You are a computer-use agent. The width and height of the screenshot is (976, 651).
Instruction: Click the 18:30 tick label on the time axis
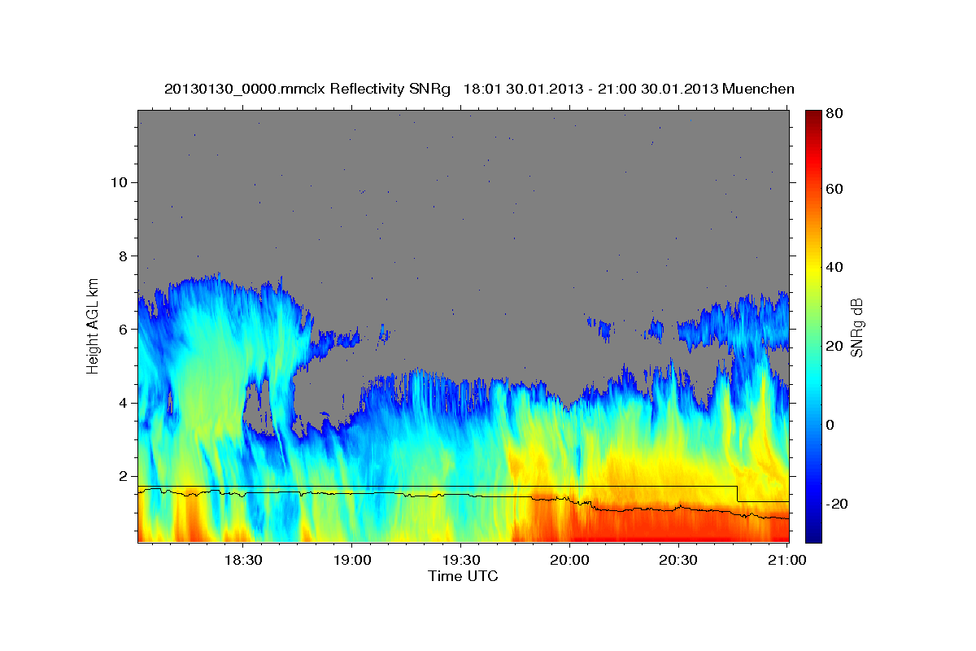point(243,561)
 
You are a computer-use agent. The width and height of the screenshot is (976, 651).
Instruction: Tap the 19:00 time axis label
point(352,561)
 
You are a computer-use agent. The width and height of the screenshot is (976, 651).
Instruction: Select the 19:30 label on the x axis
point(461,561)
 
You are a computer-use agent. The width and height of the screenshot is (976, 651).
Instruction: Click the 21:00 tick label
point(787,561)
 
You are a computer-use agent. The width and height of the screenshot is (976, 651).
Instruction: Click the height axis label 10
point(119,181)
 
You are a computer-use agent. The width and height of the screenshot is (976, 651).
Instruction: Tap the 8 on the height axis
point(124,256)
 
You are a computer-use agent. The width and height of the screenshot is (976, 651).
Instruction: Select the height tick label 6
point(124,329)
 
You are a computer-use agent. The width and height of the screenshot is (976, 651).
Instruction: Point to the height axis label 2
point(124,476)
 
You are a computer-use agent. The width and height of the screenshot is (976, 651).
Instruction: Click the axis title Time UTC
point(463,576)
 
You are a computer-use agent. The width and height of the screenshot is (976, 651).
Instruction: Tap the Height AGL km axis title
point(94,325)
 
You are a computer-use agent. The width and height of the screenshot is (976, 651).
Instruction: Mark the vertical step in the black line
point(737,494)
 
